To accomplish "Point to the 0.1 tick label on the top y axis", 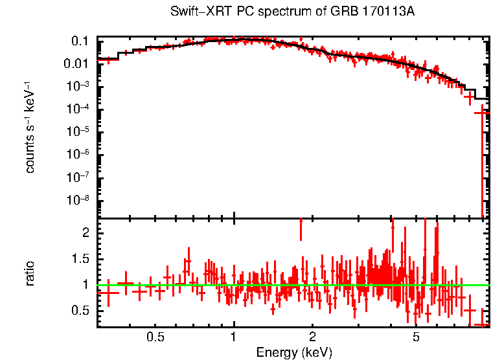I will (80, 41).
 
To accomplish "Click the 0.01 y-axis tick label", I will (76, 63).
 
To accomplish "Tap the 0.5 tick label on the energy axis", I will (155, 337).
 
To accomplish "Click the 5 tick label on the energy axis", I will (416, 337).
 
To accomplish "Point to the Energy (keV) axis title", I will (294, 352).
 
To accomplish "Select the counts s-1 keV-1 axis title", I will (30, 128).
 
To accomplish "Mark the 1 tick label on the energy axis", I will (234, 337).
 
